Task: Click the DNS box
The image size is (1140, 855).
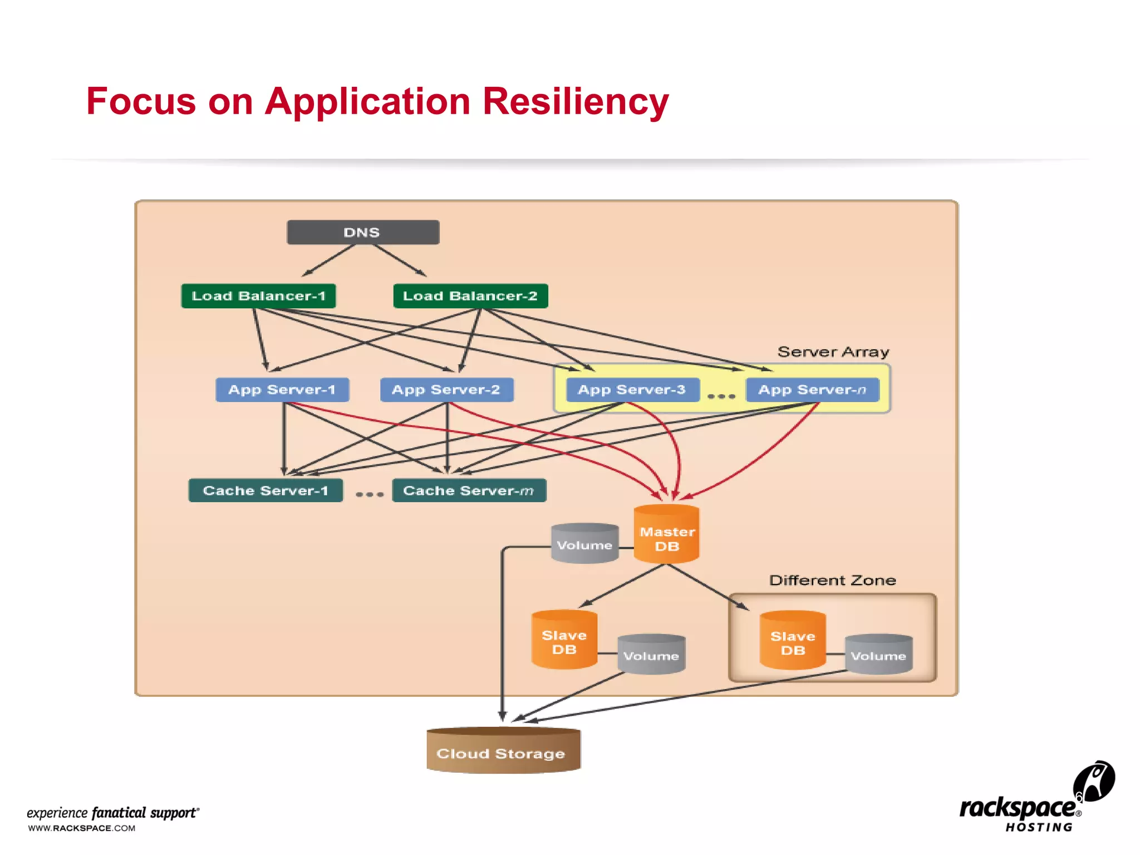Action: click(363, 232)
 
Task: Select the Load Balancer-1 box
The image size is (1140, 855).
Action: click(258, 296)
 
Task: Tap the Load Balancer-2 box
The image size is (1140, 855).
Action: click(470, 296)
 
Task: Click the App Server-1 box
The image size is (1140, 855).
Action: click(282, 390)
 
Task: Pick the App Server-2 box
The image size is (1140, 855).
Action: click(446, 390)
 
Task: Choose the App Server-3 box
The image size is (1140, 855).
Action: click(632, 390)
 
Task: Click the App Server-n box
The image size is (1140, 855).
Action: click(812, 390)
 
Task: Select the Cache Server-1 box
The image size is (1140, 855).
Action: click(266, 490)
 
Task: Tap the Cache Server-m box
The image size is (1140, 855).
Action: click(469, 490)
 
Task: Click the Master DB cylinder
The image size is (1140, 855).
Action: click(667, 535)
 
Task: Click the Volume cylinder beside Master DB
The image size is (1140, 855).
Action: click(584, 544)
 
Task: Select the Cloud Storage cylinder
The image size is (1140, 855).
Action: click(503, 751)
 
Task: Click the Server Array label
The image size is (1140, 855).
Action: click(833, 352)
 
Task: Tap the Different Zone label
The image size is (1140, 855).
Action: click(832, 580)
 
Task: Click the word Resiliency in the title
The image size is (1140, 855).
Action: click(575, 102)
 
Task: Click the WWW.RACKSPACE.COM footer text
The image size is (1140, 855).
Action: click(82, 828)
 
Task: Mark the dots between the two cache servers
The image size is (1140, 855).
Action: click(370, 494)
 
